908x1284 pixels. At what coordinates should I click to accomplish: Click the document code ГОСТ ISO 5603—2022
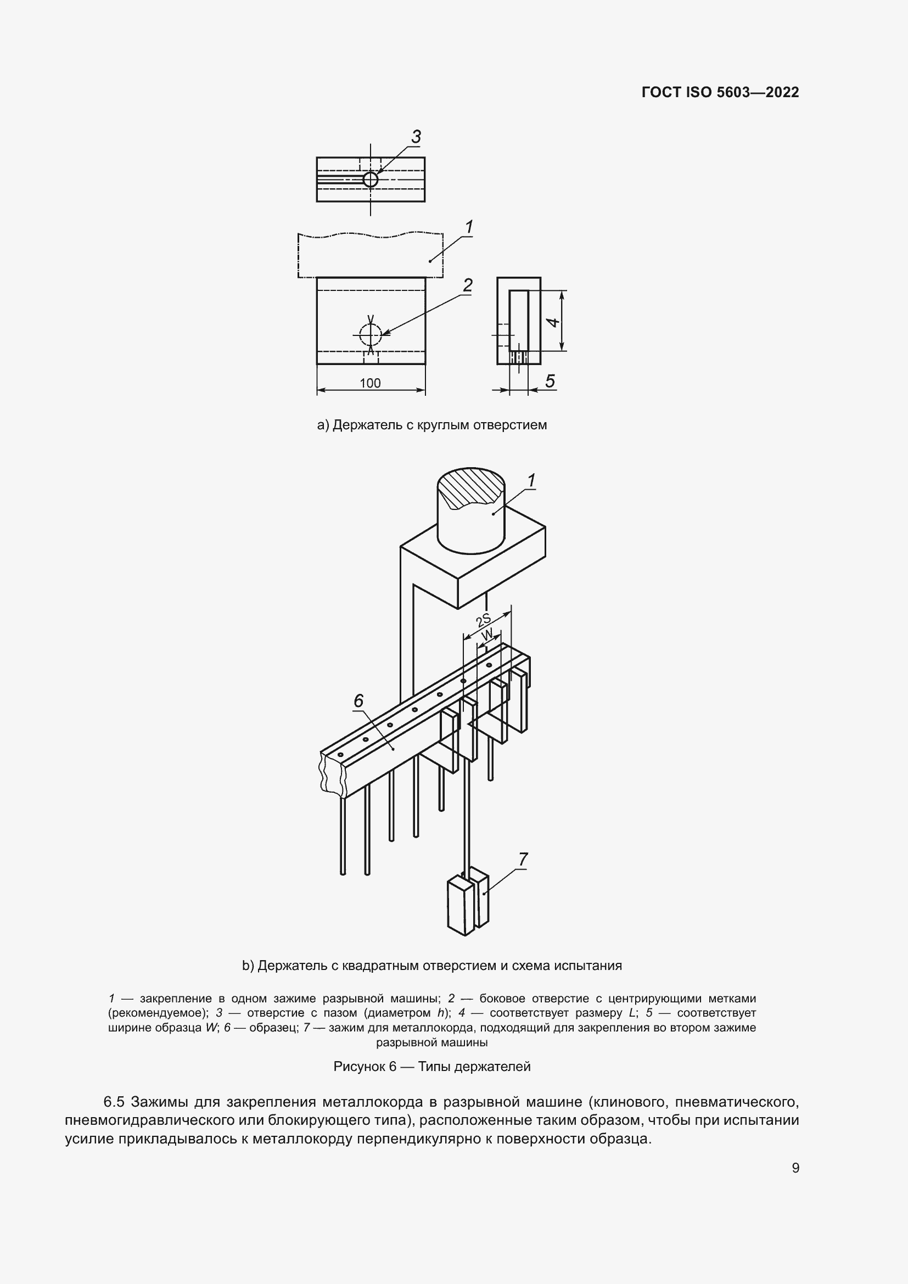[720, 92]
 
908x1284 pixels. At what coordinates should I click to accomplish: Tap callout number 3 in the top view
[416, 137]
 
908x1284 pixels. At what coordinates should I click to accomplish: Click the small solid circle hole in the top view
[370, 180]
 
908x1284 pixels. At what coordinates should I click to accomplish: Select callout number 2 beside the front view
[467, 285]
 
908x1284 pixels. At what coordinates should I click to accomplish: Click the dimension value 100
[370, 383]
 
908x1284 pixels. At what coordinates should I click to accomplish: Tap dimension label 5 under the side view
[550, 382]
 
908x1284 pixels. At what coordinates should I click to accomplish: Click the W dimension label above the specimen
[488, 635]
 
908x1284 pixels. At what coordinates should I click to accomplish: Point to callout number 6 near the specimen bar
[358, 700]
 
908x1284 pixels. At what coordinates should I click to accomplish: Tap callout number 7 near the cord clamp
[523, 860]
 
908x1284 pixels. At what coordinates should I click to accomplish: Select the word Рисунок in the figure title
[358, 1067]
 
